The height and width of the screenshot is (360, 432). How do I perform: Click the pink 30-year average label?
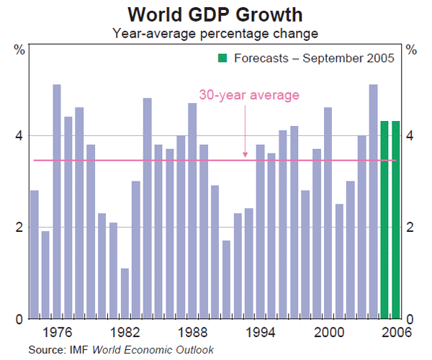tap(249, 94)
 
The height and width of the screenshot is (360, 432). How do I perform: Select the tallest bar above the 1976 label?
tap(56, 202)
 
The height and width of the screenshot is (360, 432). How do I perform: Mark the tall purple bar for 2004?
tap(373, 202)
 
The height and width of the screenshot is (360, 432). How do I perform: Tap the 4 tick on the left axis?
tap(19, 135)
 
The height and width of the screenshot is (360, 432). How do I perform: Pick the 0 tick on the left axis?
tap(19, 318)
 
